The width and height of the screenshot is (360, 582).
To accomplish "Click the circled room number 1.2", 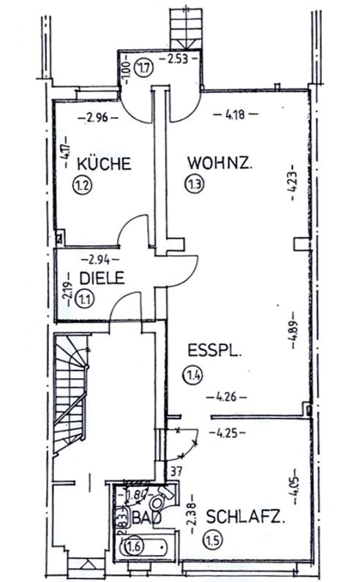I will pos(81,184).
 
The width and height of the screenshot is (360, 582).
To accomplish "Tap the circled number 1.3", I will pos(195,184).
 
